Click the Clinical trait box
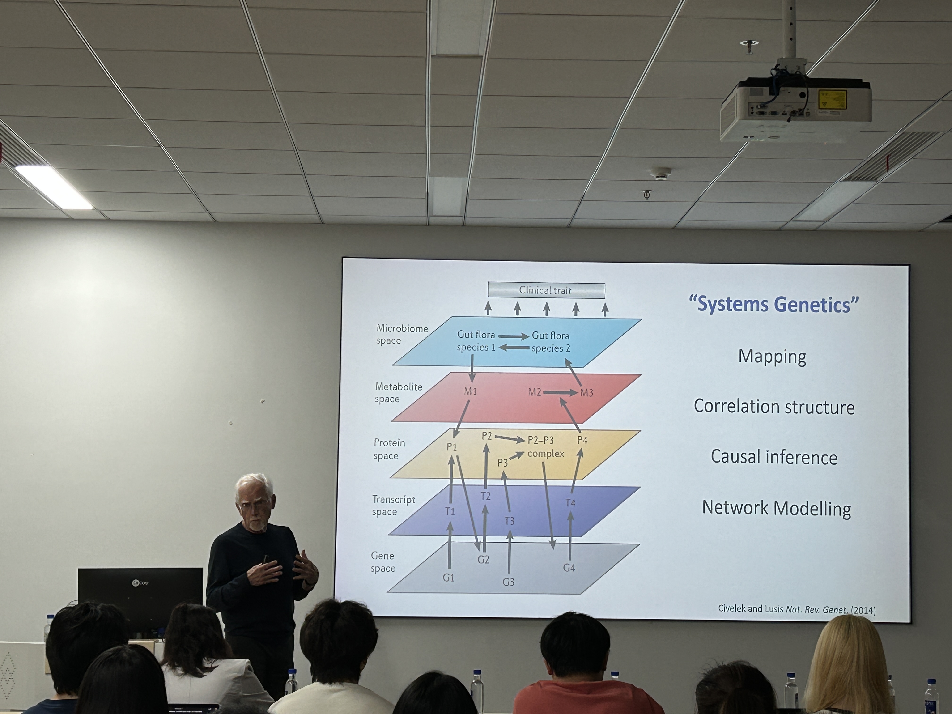click(x=546, y=290)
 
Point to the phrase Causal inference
click(x=774, y=457)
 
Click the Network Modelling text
click(x=776, y=508)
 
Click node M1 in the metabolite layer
click(x=470, y=391)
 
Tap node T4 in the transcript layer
click(x=570, y=503)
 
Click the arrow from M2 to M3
click(x=560, y=392)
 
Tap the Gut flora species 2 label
click(x=550, y=342)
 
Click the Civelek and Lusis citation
click(x=797, y=609)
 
